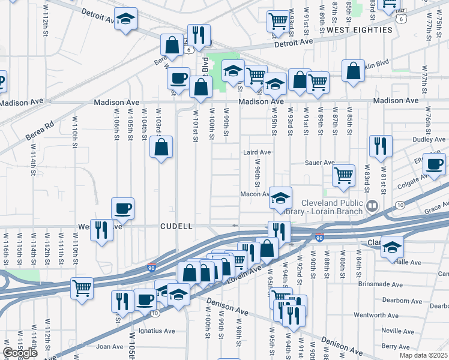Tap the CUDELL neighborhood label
click(x=176, y=226)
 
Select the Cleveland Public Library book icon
click(x=373, y=206)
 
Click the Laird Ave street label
click(x=257, y=152)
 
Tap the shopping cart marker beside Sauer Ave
click(x=343, y=175)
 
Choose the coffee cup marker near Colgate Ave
click(x=434, y=163)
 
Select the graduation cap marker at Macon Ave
click(x=280, y=197)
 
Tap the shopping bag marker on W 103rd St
click(x=161, y=147)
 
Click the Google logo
click(x=20, y=353)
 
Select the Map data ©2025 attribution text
click(x=423, y=355)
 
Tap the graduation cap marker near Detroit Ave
click(x=125, y=19)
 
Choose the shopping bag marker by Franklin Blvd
click(x=354, y=71)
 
